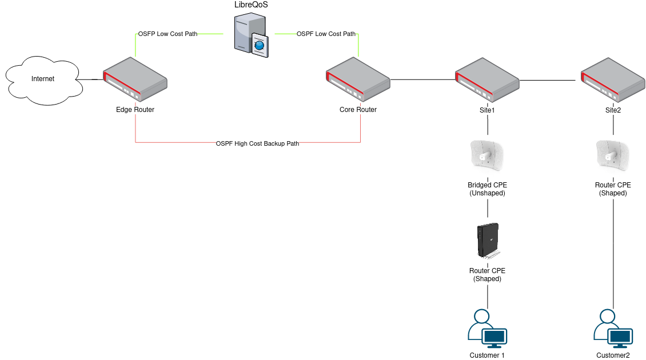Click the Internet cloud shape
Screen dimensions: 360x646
pyautogui.click(x=43, y=79)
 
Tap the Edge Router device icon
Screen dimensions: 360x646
pyautogui.click(x=135, y=81)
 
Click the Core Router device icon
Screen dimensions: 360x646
pyautogui.click(x=358, y=81)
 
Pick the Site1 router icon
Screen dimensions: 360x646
pyautogui.click(x=487, y=81)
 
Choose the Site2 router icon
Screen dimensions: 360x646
pyautogui.click(x=613, y=81)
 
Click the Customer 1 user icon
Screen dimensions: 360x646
pyautogui.click(x=487, y=329)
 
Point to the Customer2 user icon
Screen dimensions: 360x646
pyautogui.click(x=613, y=329)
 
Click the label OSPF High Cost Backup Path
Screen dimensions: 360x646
pyautogui.click(x=257, y=143)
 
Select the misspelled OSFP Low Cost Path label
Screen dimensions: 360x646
pyautogui.click(x=168, y=34)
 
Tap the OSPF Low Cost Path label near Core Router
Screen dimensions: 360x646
pyautogui.click(x=326, y=34)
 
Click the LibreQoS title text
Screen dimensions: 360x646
pyautogui.click(x=252, y=5)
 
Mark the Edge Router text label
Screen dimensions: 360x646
pyautogui.click(x=135, y=110)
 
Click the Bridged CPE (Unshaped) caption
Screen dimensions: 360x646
pyautogui.click(x=487, y=189)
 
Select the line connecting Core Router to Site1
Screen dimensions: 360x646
pyautogui.click(x=422, y=79)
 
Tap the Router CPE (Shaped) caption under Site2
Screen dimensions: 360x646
pyautogui.click(x=613, y=189)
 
